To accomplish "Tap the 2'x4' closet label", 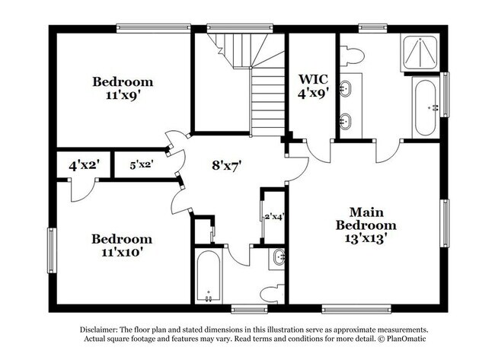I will point(273,218).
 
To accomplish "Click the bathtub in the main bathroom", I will point(425,110).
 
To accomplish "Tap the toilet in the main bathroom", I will point(352,56).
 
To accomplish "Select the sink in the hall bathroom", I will point(279,257).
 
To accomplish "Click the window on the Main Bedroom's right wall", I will point(445,226).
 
